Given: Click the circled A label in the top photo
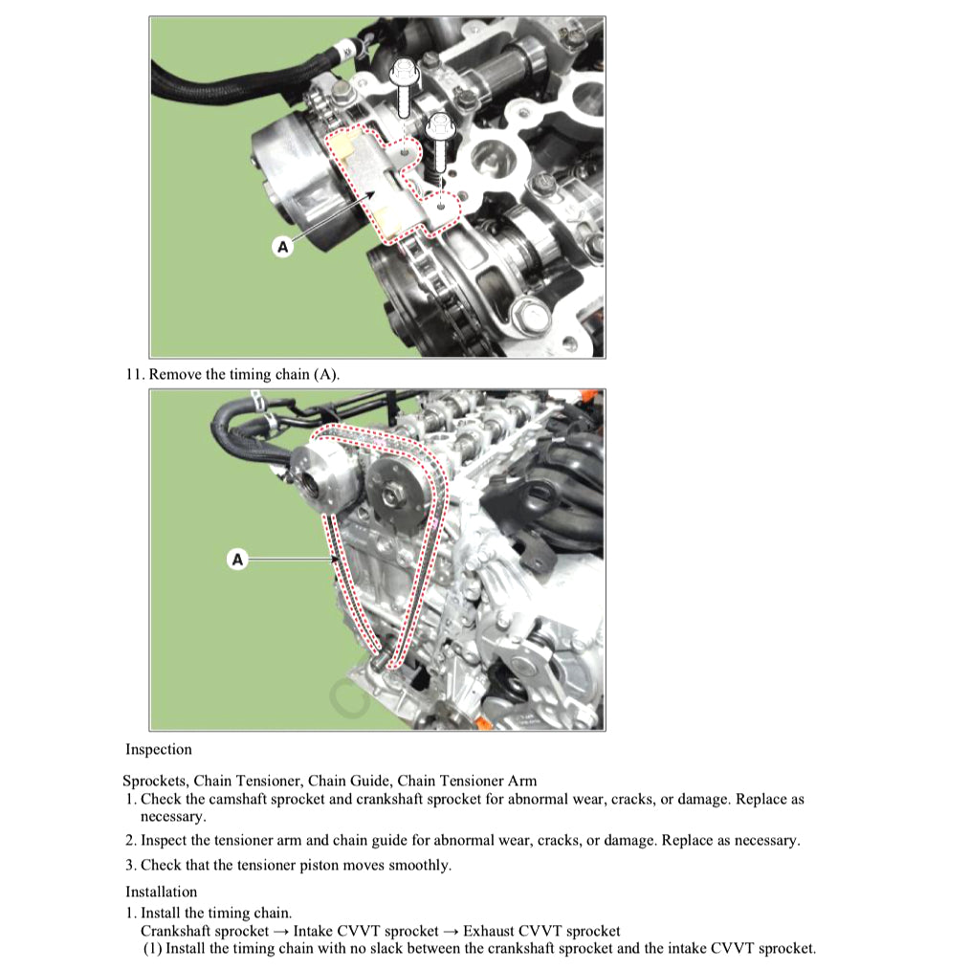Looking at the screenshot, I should (282, 246).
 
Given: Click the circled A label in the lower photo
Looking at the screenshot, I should (237, 559).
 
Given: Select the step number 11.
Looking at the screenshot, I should (134, 374).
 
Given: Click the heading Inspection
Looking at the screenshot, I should (158, 749).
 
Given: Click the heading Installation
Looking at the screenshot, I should (161, 892).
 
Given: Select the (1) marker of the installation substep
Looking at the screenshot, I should (152, 949).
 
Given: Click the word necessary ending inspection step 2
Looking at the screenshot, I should (765, 840).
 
